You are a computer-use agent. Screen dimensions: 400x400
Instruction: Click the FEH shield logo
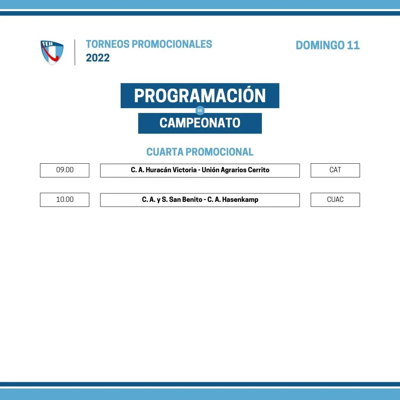(52, 53)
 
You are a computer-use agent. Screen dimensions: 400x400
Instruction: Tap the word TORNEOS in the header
(107, 44)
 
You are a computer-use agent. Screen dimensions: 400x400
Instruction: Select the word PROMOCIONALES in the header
(172, 44)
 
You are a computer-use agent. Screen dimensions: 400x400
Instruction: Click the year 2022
(98, 58)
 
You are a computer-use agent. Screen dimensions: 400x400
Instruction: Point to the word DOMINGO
(320, 46)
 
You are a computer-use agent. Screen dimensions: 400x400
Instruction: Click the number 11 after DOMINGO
(353, 46)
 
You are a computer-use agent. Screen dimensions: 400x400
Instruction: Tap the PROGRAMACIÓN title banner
(200, 96)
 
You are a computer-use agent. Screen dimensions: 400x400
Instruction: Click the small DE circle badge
(200, 110)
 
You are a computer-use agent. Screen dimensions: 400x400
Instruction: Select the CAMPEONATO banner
(200, 123)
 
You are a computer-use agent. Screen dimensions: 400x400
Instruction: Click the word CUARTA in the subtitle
(165, 152)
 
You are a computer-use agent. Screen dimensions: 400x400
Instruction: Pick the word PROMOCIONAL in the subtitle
(219, 152)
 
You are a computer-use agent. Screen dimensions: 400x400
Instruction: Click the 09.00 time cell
(64, 170)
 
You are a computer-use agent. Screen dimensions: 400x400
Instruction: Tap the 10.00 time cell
(64, 200)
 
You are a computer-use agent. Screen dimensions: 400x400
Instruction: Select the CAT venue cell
(335, 170)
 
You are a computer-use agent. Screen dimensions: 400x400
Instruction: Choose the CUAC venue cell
(335, 200)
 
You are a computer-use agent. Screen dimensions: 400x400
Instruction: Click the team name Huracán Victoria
(171, 170)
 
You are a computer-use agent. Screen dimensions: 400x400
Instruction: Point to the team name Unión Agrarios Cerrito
(236, 170)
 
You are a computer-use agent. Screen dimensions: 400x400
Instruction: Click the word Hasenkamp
(240, 200)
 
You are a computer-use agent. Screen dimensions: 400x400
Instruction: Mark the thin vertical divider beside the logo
(75, 52)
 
